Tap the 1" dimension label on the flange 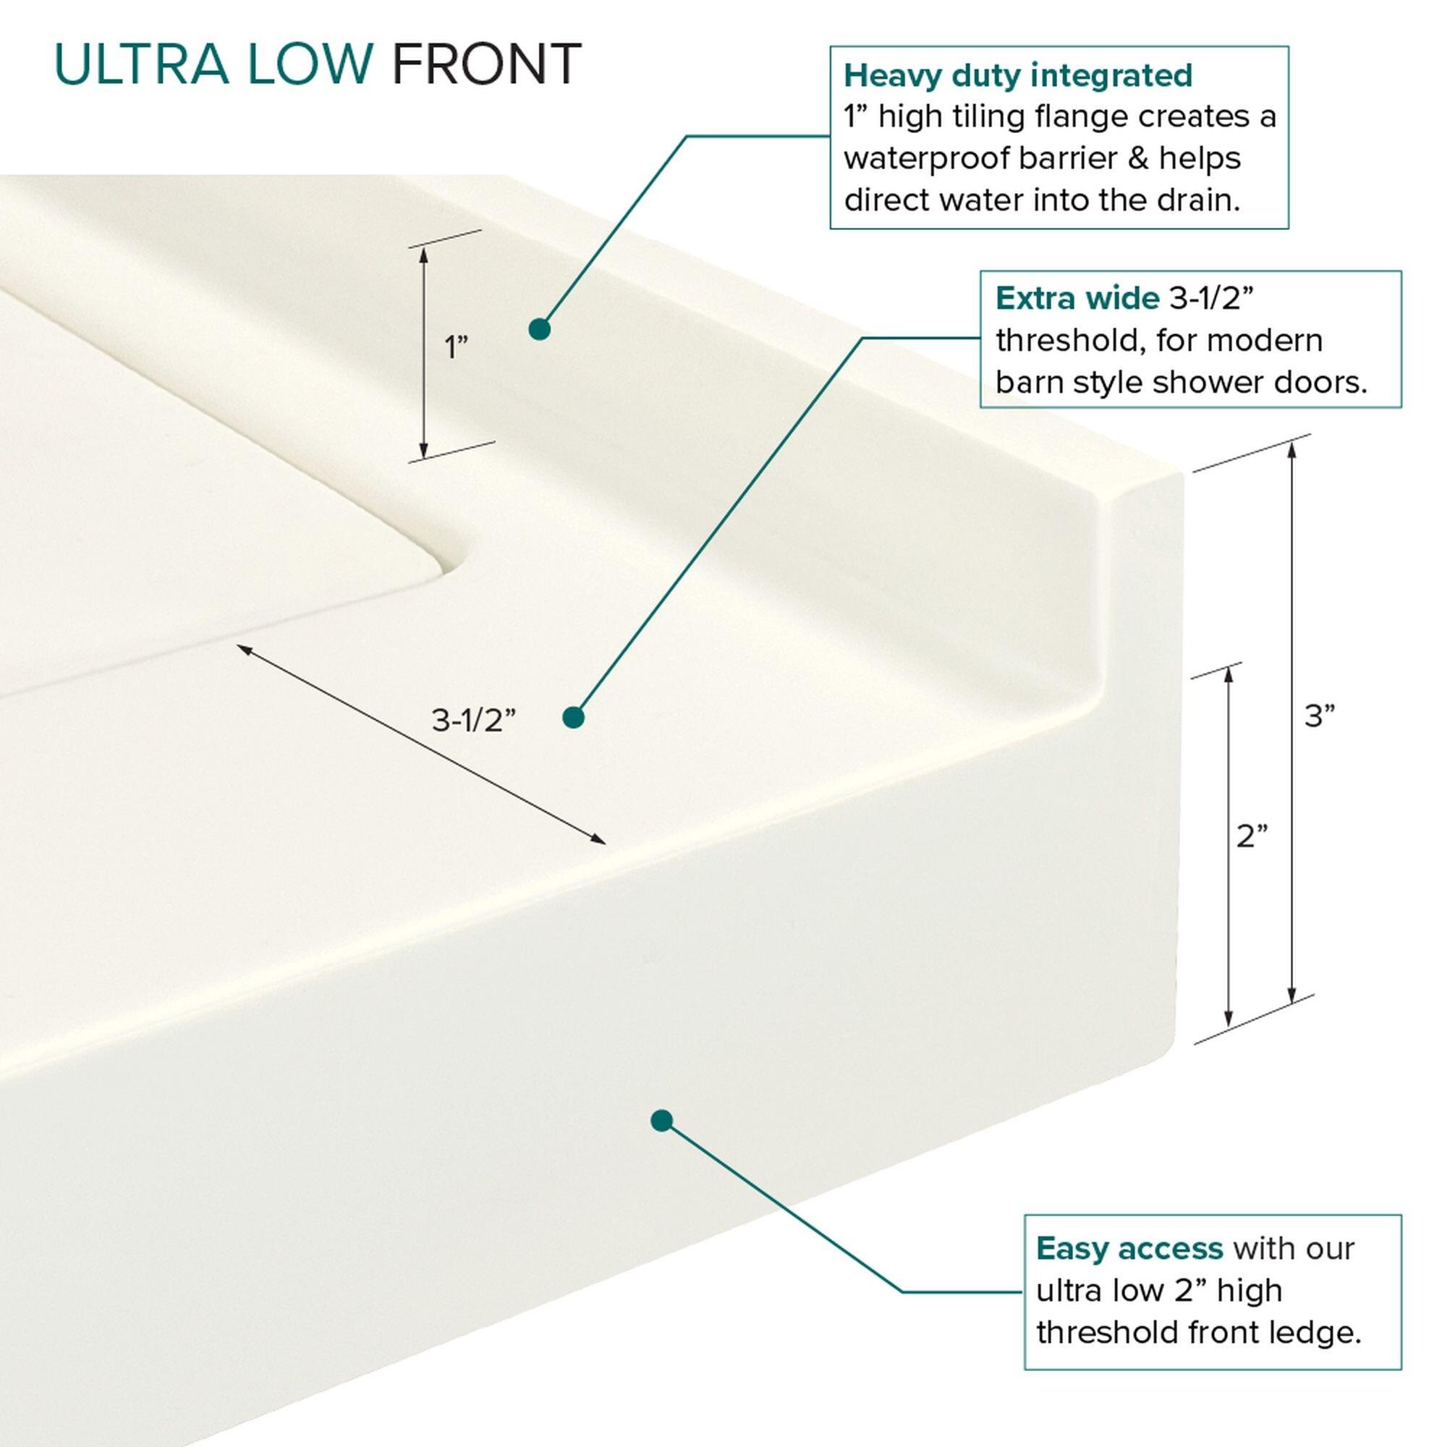[x=455, y=347]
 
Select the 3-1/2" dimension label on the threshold [x=473, y=720]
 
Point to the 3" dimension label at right [x=1320, y=716]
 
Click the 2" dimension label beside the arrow [x=1252, y=836]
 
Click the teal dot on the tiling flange [x=539, y=328]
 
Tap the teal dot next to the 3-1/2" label [x=573, y=718]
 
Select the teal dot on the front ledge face [x=661, y=1121]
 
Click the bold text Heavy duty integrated [x=1018, y=76]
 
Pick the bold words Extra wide [x=1077, y=299]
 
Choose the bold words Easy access [x=1129, y=1249]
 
